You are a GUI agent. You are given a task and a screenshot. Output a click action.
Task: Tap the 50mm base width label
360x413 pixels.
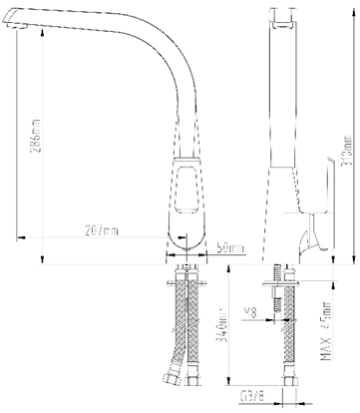tap(230, 248)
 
